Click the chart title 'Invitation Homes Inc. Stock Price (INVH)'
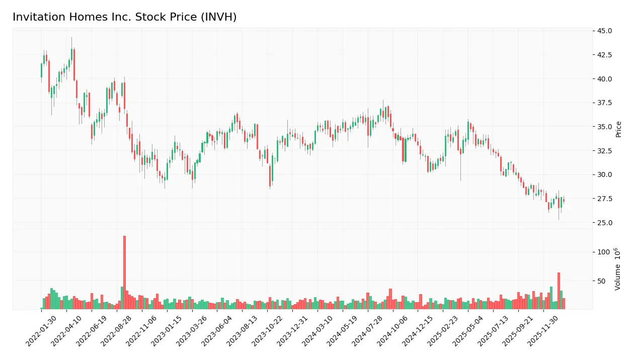124,17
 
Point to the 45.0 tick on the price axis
604,31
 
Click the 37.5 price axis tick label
604,103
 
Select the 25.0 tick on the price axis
604,223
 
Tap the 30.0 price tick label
604,175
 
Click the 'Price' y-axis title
618,129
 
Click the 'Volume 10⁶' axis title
617,269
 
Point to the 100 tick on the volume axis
603,252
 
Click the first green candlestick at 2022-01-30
41,70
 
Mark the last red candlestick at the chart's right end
564,201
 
